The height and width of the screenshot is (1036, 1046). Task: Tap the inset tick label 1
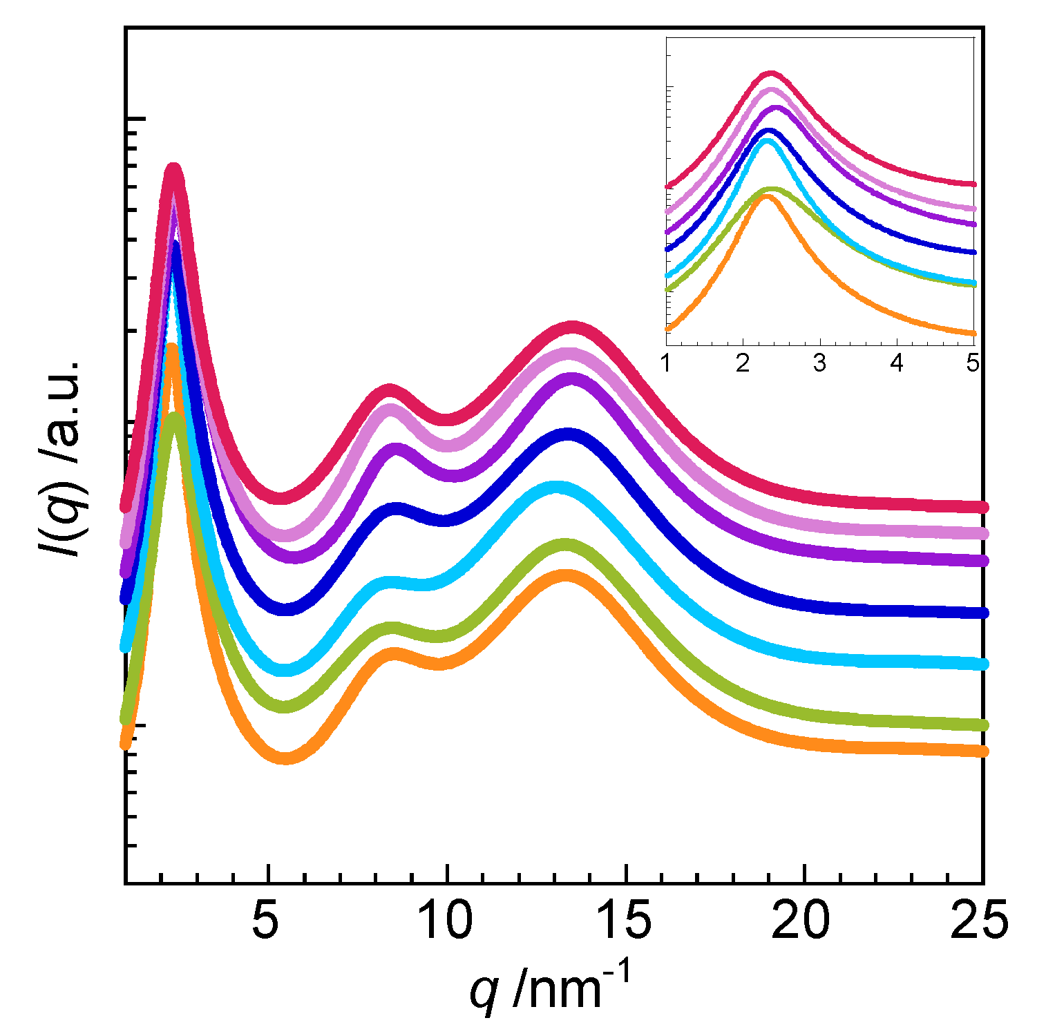click(x=666, y=363)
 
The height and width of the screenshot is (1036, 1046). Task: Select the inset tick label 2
click(x=743, y=363)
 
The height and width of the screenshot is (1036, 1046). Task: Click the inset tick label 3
click(x=819, y=363)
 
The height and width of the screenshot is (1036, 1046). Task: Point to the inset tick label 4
click(x=896, y=363)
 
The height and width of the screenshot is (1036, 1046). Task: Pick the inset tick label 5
click(x=972, y=363)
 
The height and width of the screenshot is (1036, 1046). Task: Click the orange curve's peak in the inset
click(x=766, y=197)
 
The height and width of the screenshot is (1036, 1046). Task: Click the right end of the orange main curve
click(x=982, y=751)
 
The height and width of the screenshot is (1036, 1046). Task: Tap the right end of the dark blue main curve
click(x=982, y=613)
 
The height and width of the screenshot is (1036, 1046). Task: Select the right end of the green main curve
click(x=982, y=725)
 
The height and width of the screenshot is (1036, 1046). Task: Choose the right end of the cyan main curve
click(x=982, y=664)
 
